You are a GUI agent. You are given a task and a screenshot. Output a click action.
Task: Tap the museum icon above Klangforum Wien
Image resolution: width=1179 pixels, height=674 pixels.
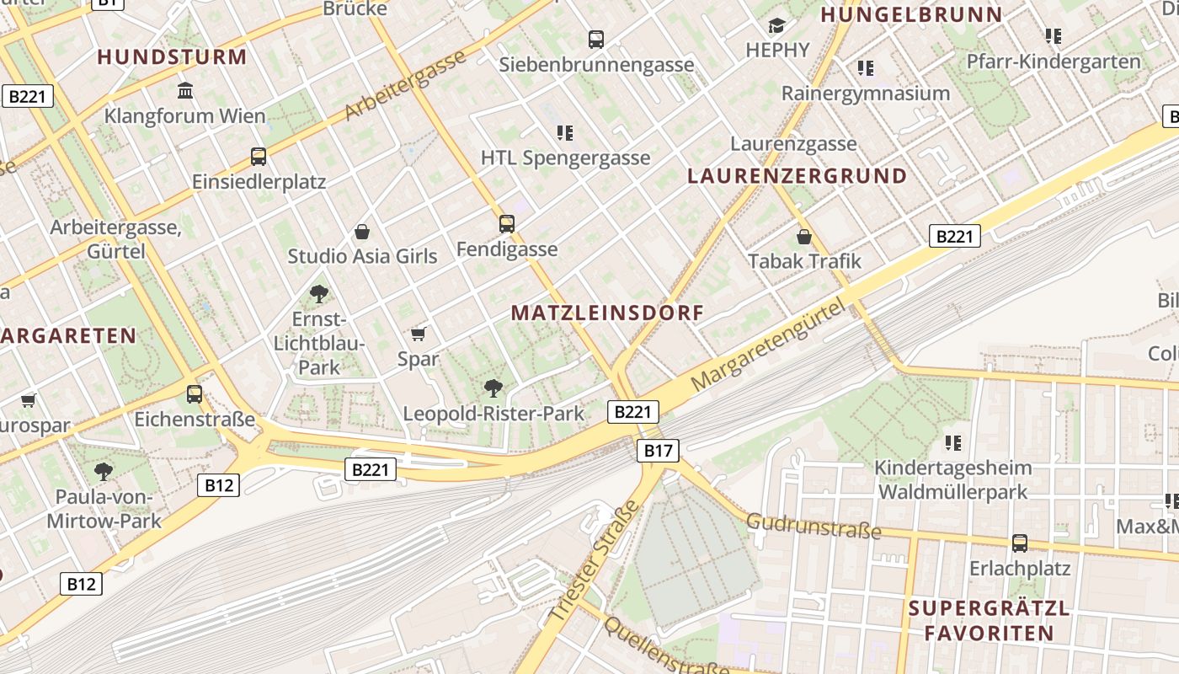pyautogui.click(x=185, y=90)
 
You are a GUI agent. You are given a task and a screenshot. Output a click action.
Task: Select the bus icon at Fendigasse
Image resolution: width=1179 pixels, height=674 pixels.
pyautogui.click(x=506, y=223)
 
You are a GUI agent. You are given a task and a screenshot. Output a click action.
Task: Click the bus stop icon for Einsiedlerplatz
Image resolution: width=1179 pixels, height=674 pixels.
pyautogui.click(x=259, y=156)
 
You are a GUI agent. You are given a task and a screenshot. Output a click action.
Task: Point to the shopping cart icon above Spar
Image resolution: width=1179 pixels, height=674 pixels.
pyautogui.click(x=419, y=334)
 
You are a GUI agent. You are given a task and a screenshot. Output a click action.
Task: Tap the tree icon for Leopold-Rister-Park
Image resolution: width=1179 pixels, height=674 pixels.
pyautogui.click(x=493, y=388)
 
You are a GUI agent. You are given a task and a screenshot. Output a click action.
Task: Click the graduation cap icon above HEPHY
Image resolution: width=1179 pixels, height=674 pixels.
pyautogui.click(x=776, y=26)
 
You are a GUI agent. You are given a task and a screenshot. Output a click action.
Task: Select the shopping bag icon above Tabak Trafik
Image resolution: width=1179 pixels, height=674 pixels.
pyautogui.click(x=804, y=236)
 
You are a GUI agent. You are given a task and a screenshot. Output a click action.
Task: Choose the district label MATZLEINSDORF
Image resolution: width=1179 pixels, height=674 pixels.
pyautogui.click(x=607, y=313)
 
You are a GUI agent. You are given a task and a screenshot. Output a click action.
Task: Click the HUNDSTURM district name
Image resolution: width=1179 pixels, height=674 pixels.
pyautogui.click(x=172, y=57)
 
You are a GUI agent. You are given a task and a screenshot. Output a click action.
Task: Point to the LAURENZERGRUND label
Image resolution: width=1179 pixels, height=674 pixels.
pyautogui.click(x=797, y=176)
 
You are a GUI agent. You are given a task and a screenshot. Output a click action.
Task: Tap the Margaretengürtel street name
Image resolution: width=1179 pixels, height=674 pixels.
pyautogui.click(x=767, y=347)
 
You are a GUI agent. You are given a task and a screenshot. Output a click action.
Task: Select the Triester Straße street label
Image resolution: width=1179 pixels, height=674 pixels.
pyautogui.click(x=595, y=563)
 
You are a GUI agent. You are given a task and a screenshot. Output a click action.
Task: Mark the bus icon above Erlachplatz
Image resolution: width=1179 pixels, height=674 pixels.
pyautogui.click(x=1020, y=543)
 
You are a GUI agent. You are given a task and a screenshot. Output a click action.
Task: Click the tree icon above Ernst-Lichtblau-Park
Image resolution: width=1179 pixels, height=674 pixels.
pyautogui.click(x=318, y=294)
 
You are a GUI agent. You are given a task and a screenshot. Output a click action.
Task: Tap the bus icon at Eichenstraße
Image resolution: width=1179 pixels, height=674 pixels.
pyautogui.click(x=195, y=393)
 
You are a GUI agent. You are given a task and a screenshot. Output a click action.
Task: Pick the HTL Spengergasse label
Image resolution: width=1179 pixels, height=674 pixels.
pyautogui.click(x=565, y=158)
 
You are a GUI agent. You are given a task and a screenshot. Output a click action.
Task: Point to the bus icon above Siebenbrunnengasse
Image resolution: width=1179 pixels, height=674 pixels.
pyautogui.click(x=595, y=39)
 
